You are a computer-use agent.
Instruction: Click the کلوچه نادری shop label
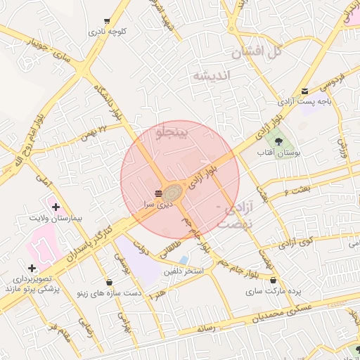point(107,32)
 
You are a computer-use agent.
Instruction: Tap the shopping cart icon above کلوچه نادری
point(107,21)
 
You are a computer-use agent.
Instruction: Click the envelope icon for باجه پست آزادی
point(304,91)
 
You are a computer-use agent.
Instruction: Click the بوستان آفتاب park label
point(286,152)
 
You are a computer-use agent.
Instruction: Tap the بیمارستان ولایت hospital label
point(56,218)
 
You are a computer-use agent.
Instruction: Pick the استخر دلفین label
point(184,271)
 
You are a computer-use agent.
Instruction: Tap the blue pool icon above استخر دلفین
point(184,260)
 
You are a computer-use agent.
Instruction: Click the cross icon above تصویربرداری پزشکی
point(32,268)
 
